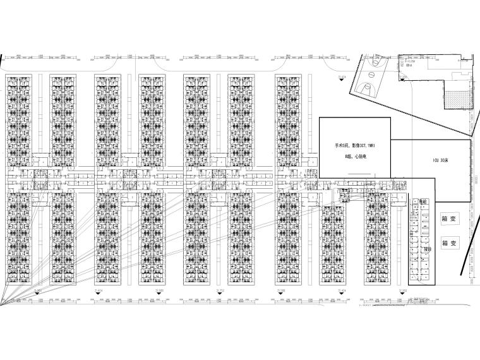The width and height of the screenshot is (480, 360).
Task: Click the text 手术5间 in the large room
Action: point(341,145)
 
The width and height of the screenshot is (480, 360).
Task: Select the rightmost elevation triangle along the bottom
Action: point(402,294)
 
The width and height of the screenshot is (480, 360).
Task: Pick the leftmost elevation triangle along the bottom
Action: point(37,294)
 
